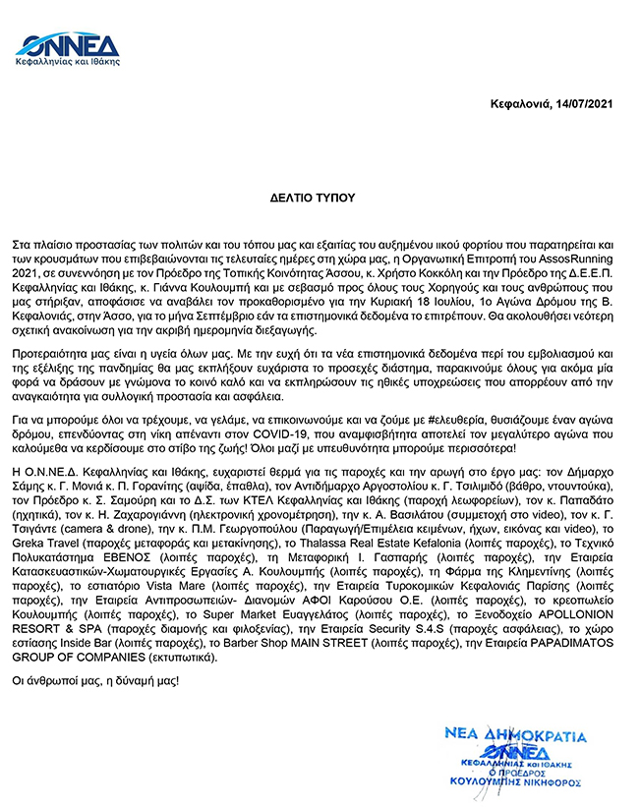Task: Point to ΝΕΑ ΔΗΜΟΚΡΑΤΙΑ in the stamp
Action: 513,736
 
